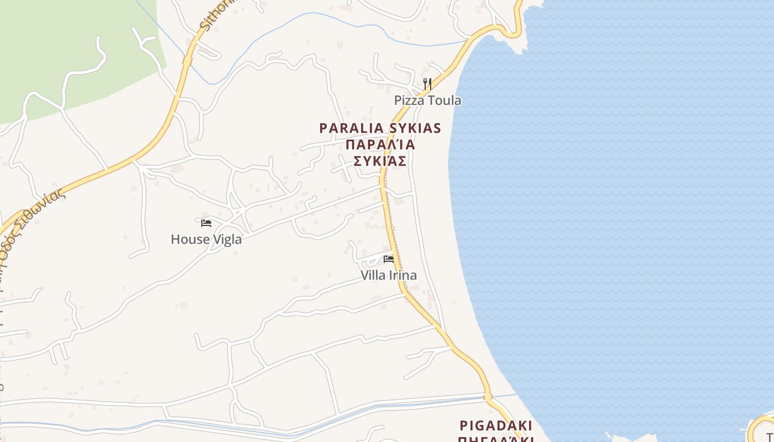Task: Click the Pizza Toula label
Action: click(x=427, y=101)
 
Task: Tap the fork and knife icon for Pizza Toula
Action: click(x=427, y=84)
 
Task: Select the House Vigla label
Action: click(x=206, y=239)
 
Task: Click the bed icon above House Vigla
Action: click(x=206, y=223)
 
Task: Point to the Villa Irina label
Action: click(x=389, y=275)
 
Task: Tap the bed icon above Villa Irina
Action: click(x=389, y=259)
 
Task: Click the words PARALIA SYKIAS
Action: click(x=380, y=128)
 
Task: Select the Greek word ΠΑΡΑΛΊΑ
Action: click(x=380, y=145)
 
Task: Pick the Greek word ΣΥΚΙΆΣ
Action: click(x=380, y=161)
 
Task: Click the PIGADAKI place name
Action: click(x=496, y=425)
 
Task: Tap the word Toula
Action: click(x=443, y=101)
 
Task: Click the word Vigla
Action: click(x=226, y=239)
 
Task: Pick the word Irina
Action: click(x=403, y=275)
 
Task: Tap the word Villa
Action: click(x=373, y=275)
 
